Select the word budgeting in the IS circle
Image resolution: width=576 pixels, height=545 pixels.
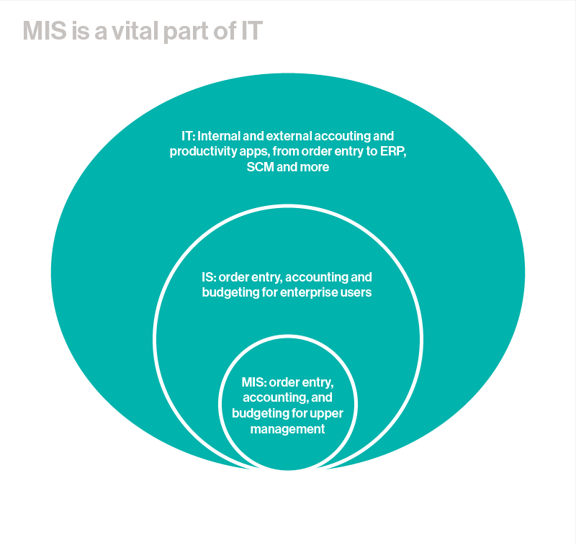pyautogui.click(x=228, y=292)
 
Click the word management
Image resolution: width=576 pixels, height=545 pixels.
pyautogui.click(x=287, y=429)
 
